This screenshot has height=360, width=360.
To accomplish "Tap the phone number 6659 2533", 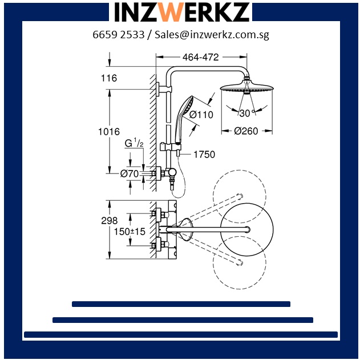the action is point(119,35).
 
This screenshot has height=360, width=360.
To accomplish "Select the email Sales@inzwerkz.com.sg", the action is point(212,35).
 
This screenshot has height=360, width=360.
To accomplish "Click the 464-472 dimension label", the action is point(201,57).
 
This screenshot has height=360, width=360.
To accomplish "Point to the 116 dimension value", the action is point(109,78).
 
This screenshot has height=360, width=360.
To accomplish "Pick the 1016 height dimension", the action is point(109,132).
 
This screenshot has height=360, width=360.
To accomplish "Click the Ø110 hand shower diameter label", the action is point(201,115).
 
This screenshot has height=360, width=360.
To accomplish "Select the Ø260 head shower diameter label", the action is point(246,131).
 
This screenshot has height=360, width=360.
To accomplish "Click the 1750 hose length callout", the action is point(204,155).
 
